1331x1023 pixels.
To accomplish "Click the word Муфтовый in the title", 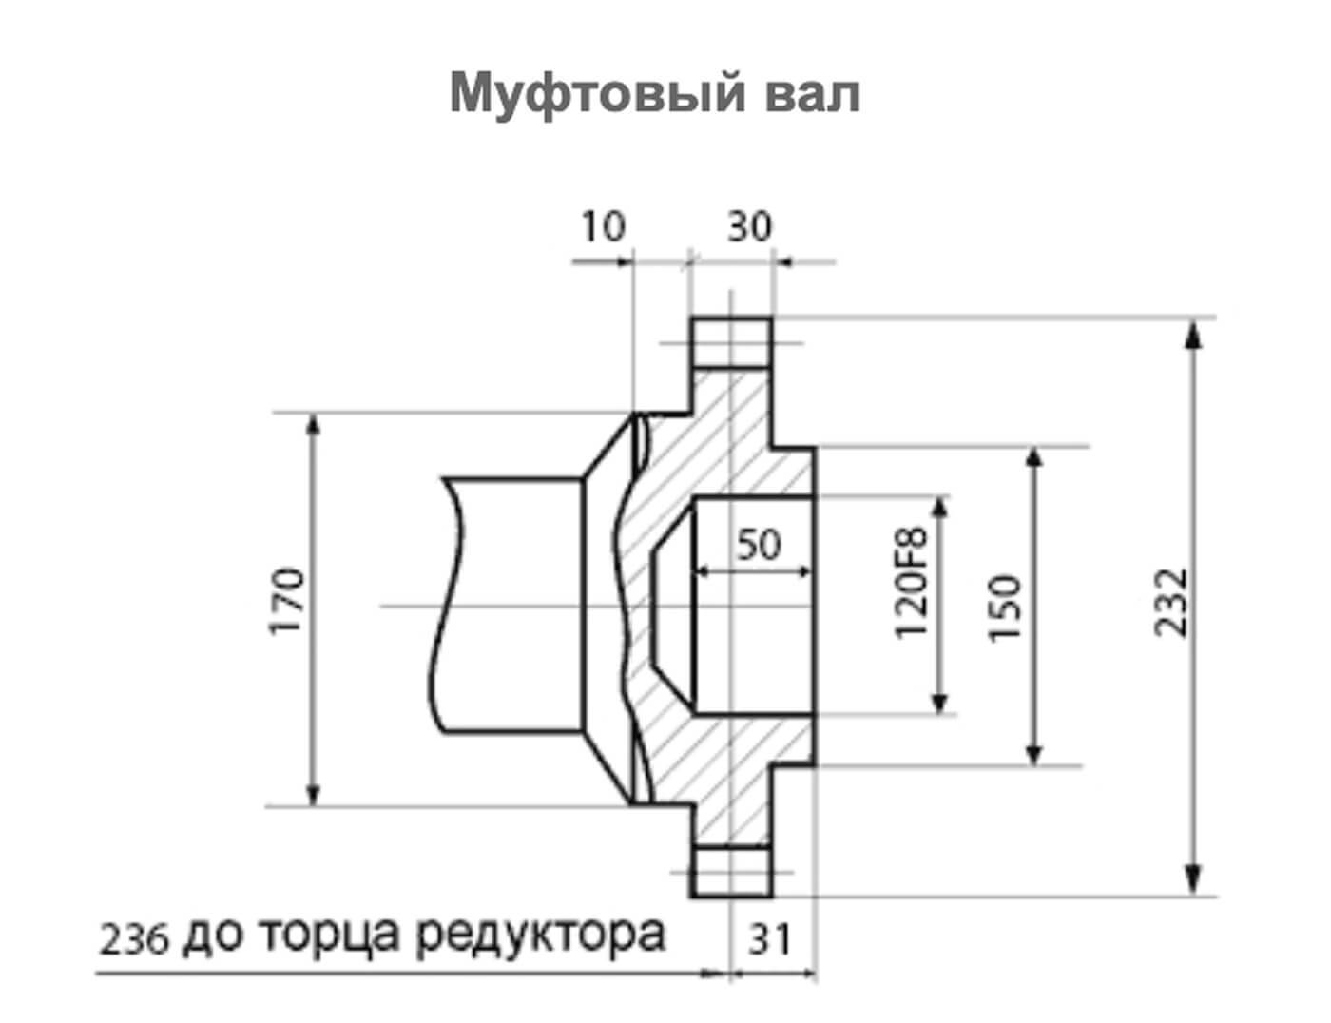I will (596, 94).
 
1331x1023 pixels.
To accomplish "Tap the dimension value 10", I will (603, 227).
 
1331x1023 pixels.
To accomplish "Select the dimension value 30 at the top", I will (750, 227).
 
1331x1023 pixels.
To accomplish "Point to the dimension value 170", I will (288, 602).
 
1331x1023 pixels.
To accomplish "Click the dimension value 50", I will (758, 545).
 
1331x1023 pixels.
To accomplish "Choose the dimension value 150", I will (1006, 608).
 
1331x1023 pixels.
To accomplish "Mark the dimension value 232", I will (1171, 602).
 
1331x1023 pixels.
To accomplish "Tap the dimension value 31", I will (770, 940).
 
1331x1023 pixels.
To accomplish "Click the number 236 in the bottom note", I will (134, 941).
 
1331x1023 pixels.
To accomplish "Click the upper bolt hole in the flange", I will (730, 343).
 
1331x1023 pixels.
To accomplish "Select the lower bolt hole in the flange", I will (730, 870).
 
